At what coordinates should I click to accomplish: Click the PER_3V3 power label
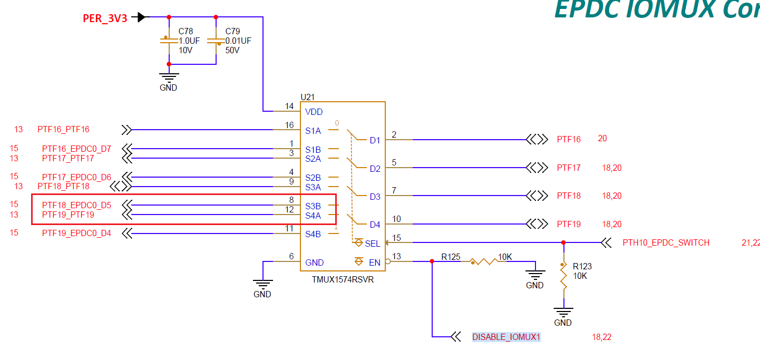[x=105, y=18]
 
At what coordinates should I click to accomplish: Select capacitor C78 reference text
[x=186, y=32]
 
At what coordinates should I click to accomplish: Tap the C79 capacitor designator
[x=232, y=32]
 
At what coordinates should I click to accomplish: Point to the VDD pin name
[x=314, y=112]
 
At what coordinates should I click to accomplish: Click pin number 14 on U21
[x=289, y=106]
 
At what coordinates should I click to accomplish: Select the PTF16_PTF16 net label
[x=63, y=129]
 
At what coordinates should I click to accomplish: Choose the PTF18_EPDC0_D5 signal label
[x=76, y=205]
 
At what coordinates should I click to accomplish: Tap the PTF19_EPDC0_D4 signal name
[x=76, y=233]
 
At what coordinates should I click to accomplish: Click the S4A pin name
[x=313, y=216]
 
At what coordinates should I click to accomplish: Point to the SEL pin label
[x=372, y=244]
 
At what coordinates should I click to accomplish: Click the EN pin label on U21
[x=374, y=262]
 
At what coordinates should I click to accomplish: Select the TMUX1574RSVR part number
[x=343, y=279]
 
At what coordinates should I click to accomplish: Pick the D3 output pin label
[x=375, y=197]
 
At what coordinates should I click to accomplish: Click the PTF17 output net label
[x=569, y=168]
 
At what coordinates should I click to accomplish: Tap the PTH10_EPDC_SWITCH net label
[x=666, y=243]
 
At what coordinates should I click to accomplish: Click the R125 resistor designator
[x=451, y=257]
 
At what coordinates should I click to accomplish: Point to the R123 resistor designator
[x=582, y=266]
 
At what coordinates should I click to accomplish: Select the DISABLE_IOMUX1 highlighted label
[x=506, y=337]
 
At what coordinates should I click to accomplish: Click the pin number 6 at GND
[x=291, y=257]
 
